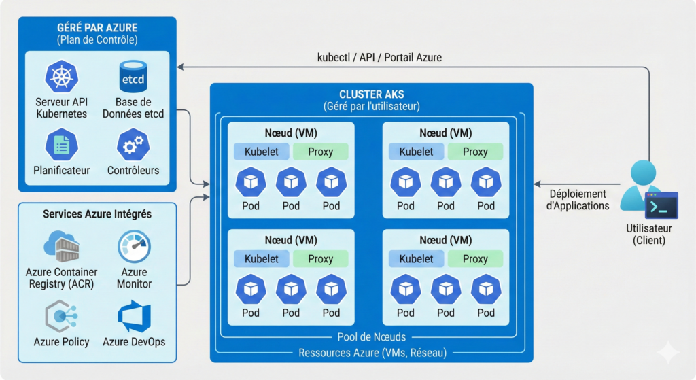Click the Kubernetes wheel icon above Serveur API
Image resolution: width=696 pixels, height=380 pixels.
61,76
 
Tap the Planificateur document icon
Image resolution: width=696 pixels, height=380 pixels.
61,145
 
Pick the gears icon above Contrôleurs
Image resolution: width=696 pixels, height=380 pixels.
133,145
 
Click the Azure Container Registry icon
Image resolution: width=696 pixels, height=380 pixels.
61,246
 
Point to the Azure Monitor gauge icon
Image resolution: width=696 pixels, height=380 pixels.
134,247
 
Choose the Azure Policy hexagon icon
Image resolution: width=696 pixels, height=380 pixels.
61,316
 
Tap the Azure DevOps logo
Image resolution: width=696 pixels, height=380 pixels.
134,316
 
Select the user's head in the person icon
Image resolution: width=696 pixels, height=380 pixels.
643,173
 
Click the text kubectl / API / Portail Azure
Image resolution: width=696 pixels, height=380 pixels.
379,58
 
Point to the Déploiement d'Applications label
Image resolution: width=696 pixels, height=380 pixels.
578,199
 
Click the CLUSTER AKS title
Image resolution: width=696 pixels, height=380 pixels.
371,94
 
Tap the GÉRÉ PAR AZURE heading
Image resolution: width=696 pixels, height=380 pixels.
97,28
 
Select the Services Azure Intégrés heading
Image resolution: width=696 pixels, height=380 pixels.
97,214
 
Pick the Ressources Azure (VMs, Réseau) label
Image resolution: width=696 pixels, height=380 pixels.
371,352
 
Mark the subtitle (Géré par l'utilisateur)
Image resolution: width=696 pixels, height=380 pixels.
371,107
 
